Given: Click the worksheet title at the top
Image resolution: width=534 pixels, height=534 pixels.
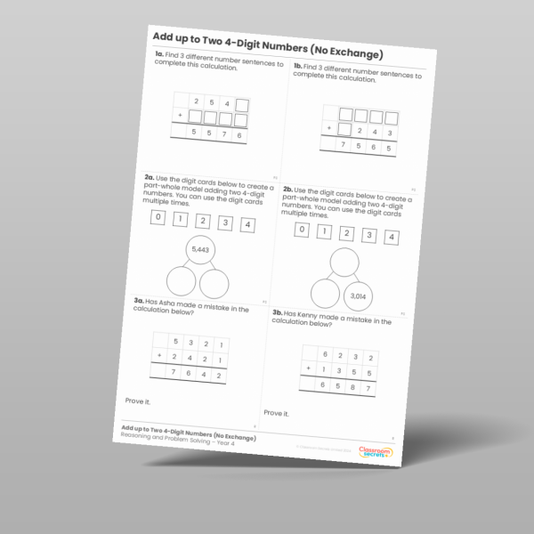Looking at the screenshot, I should click(x=267, y=37).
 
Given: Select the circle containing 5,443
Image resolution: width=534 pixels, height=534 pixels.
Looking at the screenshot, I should click(x=201, y=252).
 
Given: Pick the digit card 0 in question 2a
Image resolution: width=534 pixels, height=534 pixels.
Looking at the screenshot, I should click(x=158, y=218).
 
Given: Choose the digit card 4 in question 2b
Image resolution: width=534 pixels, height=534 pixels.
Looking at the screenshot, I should click(x=391, y=237).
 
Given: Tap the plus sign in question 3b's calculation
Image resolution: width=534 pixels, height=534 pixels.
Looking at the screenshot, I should click(x=308, y=367).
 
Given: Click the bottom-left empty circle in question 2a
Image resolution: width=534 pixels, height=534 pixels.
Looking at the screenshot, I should click(x=182, y=284).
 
